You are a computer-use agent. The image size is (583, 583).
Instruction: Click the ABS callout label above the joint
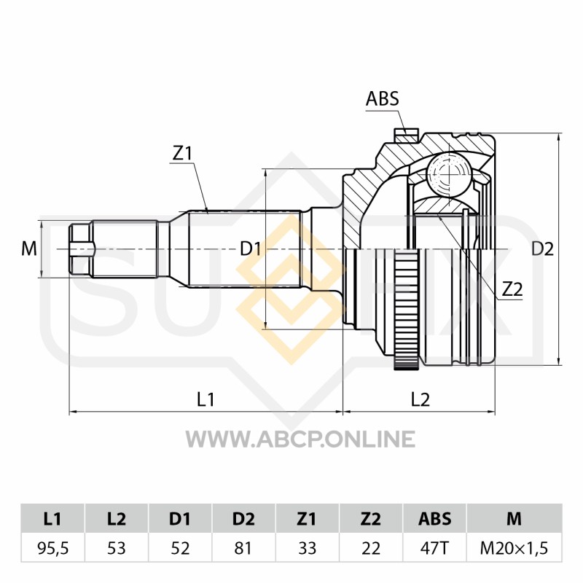pos(382,98)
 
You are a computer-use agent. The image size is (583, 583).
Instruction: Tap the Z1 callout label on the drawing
pos(181,153)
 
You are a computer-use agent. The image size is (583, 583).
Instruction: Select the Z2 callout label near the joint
pos(512,289)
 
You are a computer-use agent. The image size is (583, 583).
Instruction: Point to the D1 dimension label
pos(250,249)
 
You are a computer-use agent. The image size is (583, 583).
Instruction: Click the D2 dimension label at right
pos(542,249)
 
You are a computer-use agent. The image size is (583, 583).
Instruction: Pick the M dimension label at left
pos(29,249)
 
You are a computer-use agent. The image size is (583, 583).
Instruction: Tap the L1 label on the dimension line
pos(206,399)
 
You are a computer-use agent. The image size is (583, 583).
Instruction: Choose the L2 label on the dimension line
pos(420,399)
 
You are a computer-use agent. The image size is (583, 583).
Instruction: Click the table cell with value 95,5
pos(53,548)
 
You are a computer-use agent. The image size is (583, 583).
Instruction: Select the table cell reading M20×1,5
pos(514,548)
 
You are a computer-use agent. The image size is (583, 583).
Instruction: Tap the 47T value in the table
pos(434,548)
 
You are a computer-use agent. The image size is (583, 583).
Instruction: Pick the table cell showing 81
pos(243,548)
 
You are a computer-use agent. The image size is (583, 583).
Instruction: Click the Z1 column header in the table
pos(307,519)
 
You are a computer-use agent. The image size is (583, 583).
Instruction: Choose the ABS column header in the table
pos(434,519)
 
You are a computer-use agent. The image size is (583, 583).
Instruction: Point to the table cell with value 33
pos(307,548)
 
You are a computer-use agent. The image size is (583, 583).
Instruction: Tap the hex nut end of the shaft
pos(79,249)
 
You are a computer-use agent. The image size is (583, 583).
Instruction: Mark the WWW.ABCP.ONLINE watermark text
pos(300,439)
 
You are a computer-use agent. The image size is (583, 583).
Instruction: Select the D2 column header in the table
pos(243,519)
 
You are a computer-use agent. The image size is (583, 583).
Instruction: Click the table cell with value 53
pos(117,548)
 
